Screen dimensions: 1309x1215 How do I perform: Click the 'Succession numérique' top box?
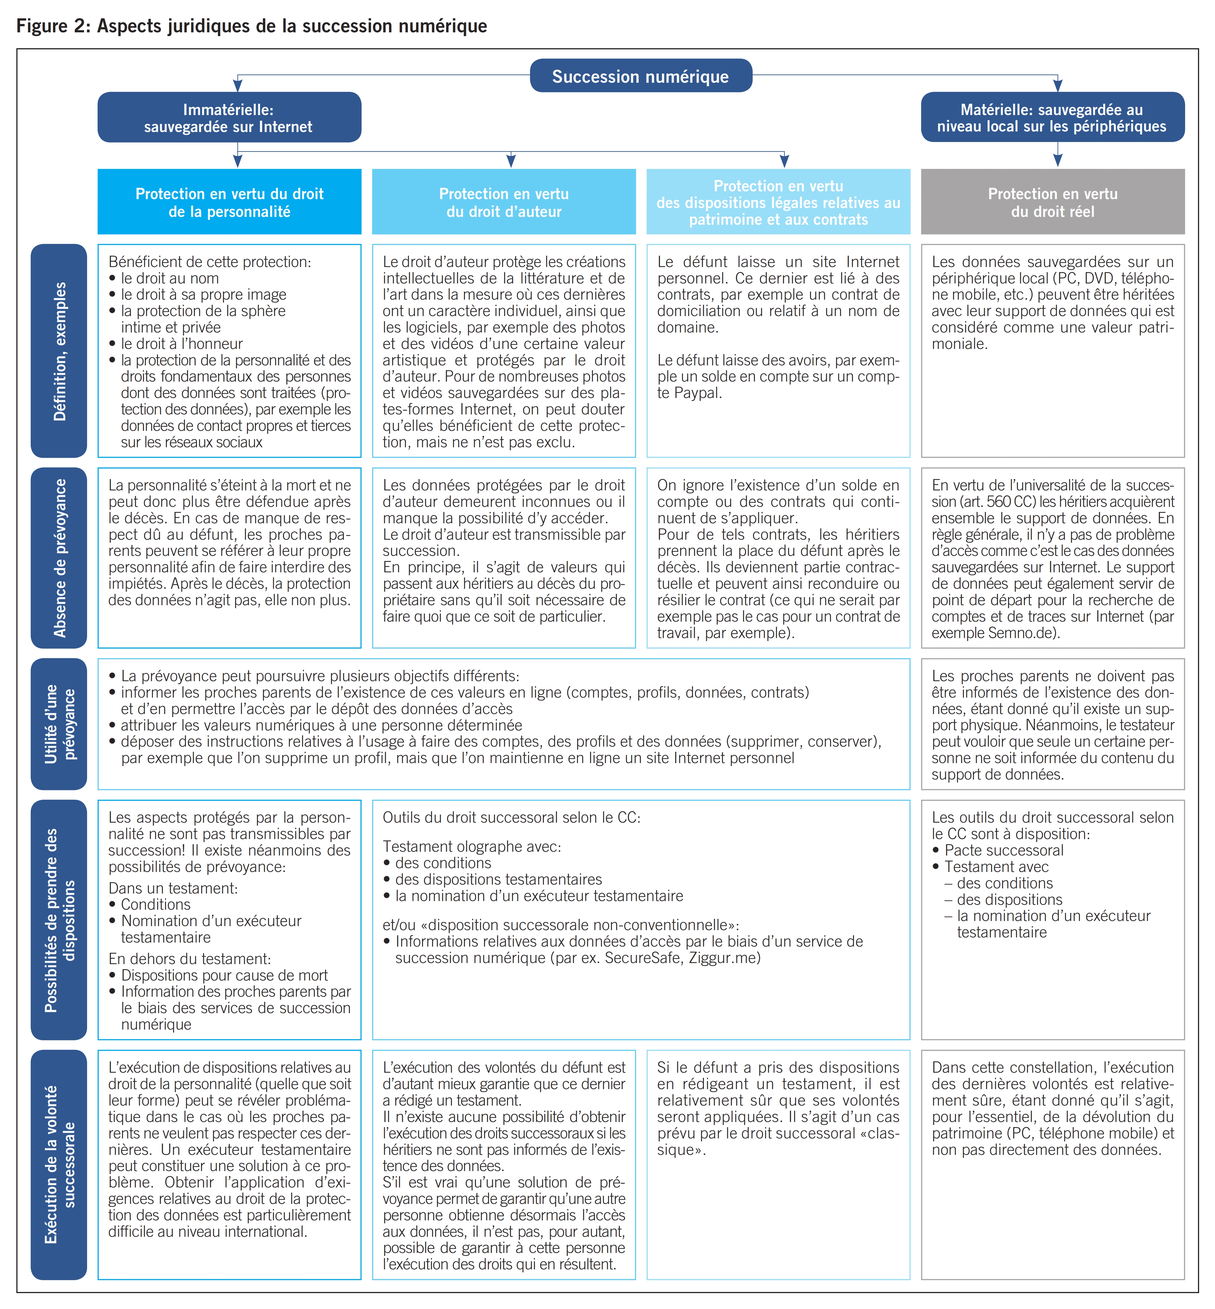(x=640, y=76)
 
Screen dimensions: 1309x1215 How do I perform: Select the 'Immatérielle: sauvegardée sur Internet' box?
(x=229, y=118)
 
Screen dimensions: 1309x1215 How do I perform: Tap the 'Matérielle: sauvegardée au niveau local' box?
(x=1052, y=118)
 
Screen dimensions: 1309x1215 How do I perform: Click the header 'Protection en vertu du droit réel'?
(x=1052, y=202)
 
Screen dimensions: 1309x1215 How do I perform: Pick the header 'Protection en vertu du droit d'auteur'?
(x=504, y=202)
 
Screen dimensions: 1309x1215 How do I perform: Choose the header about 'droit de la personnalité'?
(x=229, y=202)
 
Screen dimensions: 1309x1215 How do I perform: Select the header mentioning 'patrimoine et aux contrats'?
(x=778, y=202)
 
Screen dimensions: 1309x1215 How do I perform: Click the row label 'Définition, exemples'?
(x=59, y=351)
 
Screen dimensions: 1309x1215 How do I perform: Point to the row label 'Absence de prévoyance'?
(x=59, y=558)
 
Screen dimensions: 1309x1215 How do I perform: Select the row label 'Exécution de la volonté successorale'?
(x=59, y=1164)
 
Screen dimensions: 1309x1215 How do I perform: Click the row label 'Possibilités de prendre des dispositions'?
(x=59, y=919)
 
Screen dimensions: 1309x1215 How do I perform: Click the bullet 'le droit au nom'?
(x=170, y=278)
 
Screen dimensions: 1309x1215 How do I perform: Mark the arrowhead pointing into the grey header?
(x=1057, y=160)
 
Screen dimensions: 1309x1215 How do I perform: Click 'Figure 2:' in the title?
(x=53, y=26)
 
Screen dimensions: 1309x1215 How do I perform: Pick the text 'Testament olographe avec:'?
(x=471, y=846)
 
